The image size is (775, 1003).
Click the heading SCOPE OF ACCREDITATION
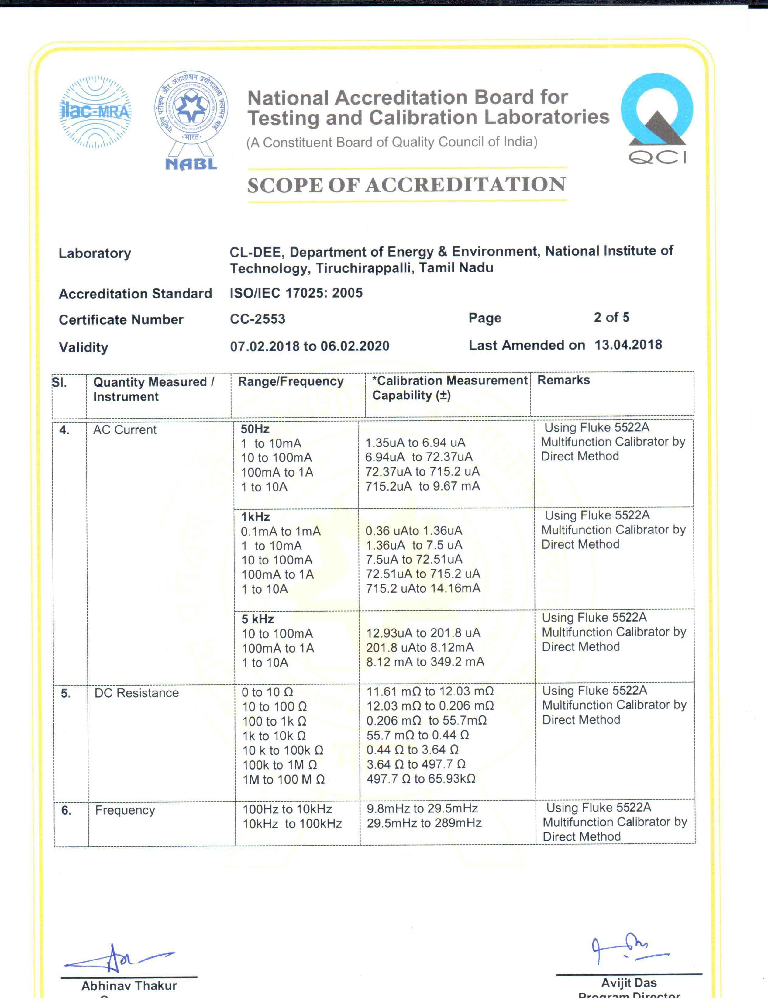point(406,184)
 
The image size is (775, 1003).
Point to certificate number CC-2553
point(257,319)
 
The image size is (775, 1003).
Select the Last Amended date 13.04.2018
point(628,345)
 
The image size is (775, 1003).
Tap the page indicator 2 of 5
point(611,317)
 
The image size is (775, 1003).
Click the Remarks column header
point(563,380)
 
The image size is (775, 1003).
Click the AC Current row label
point(125,430)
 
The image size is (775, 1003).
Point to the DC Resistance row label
point(136,693)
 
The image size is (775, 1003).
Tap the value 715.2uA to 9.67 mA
point(422,486)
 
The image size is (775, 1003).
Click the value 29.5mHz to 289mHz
point(424,823)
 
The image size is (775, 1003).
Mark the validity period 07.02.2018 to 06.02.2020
point(309,346)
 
